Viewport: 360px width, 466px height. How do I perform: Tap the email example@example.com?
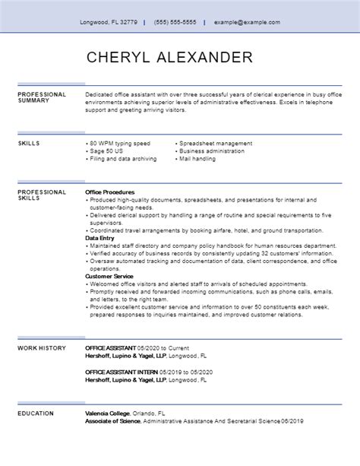[247, 22]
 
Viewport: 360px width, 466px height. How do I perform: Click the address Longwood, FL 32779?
[109, 22]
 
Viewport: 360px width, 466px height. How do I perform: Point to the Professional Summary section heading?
[42, 97]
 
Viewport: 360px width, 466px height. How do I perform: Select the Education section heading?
[36, 413]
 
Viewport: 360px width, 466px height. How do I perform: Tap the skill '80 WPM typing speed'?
[120, 143]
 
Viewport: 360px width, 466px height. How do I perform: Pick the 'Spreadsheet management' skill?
[215, 143]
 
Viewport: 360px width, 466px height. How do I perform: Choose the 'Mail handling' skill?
[200, 159]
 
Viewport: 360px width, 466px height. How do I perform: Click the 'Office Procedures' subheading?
[111, 192]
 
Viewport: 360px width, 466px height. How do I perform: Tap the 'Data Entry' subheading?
[100, 238]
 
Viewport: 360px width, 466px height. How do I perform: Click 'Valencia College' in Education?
[109, 413]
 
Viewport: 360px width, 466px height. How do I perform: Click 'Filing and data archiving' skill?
[123, 159]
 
